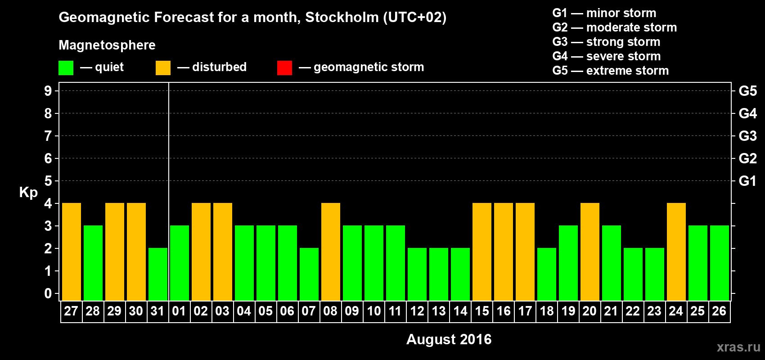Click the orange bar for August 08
331,252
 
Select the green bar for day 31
158,274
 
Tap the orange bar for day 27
72,252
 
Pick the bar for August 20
590,252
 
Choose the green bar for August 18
547,274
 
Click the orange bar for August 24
676,252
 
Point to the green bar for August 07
309,274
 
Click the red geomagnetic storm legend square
284,68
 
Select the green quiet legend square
66,68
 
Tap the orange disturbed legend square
163,68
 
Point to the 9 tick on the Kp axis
48,91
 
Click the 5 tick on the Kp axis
48,181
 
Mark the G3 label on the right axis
747,136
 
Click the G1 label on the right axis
747,181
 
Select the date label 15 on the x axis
482,311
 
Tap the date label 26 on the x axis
719,311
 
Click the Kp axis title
28,193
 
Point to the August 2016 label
449,339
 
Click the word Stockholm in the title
342,18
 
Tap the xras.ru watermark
738,347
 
